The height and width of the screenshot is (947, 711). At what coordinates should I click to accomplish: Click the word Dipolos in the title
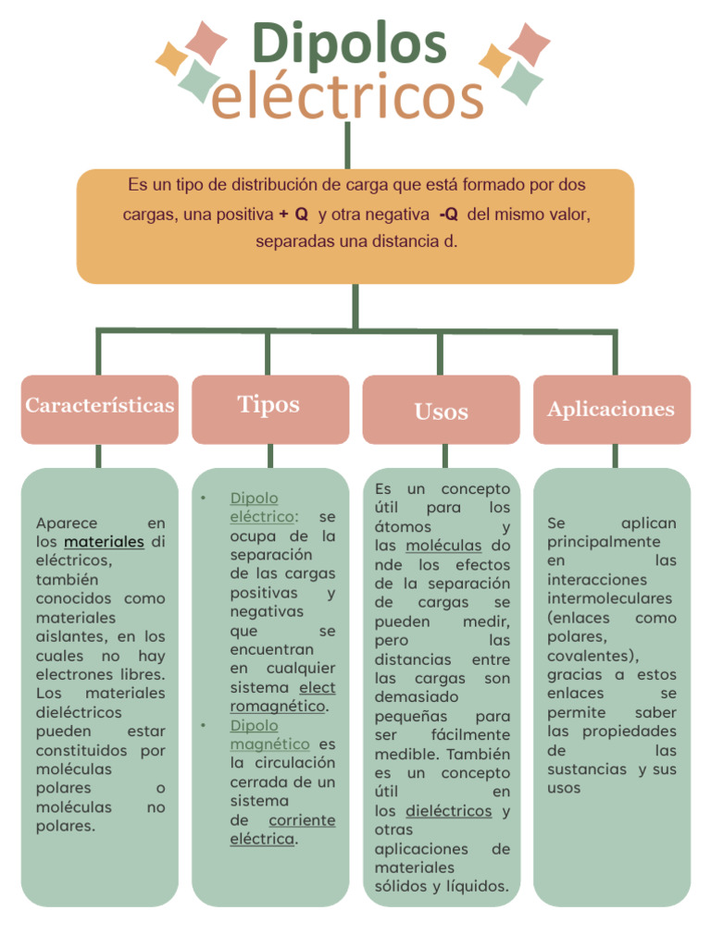coord(349,43)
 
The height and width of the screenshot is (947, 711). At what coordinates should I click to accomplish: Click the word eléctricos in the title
coord(348,96)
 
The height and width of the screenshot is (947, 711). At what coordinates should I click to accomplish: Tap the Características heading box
coord(100,406)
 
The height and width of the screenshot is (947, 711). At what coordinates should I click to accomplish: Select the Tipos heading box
coord(269,406)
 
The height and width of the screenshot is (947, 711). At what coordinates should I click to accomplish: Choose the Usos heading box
coord(441,412)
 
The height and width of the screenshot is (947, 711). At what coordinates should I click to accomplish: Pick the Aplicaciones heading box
coord(611,410)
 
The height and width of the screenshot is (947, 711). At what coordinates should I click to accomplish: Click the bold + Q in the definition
coord(293,215)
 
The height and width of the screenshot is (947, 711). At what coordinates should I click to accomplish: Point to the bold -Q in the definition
coord(448,215)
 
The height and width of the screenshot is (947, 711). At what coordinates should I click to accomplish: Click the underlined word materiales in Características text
coord(105,542)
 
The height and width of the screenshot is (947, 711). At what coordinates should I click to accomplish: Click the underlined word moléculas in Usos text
coord(443,546)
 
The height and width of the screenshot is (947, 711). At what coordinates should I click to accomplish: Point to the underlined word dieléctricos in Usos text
coord(448,811)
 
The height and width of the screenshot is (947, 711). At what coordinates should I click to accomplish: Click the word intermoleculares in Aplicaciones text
coord(609,598)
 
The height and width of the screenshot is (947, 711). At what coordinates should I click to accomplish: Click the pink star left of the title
coord(206,41)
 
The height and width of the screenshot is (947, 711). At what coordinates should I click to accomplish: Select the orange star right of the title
coord(494,61)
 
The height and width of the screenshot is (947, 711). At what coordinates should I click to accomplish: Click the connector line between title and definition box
coord(348,145)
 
